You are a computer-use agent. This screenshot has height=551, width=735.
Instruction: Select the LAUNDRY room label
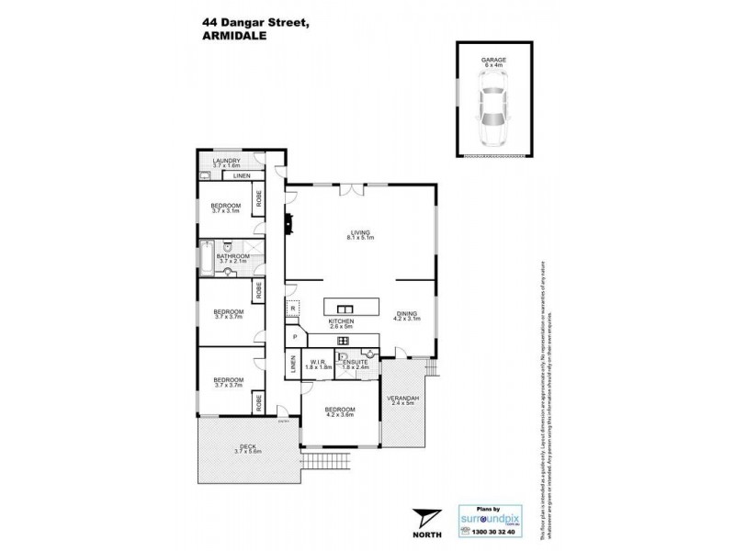226,163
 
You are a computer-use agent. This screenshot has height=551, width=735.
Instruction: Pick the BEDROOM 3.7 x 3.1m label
226,208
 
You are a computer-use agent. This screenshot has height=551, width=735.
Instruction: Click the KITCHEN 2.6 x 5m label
342,323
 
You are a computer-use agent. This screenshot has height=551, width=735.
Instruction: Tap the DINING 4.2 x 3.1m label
408,317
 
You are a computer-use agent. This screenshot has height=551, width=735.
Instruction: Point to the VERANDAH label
405,400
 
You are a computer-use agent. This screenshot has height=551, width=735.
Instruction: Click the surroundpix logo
490,517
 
